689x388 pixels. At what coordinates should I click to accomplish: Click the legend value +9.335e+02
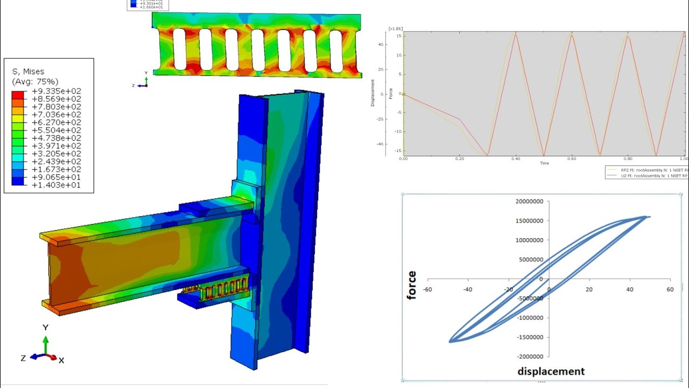tap(57, 91)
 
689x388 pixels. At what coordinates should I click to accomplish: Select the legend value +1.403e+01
tap(57, 185)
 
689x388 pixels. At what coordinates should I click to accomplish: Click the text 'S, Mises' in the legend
tap(28, 71)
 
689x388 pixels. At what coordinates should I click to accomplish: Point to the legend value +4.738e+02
tap(57, 138)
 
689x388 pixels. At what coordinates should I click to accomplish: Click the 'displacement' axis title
tap(551, 371)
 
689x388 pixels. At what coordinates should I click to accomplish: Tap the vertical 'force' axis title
tap(412, 285)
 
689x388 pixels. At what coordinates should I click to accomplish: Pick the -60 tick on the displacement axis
tap(427, 289)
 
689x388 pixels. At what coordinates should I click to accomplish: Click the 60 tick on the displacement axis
tap(670, 289)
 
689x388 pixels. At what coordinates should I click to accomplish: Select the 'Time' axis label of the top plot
tap(544, 163)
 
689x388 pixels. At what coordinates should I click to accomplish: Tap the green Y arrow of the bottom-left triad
tap(46, 345)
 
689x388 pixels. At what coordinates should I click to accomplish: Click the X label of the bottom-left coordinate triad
tap(61, 360)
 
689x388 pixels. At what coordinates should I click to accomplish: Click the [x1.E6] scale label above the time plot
tap(395, 28)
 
